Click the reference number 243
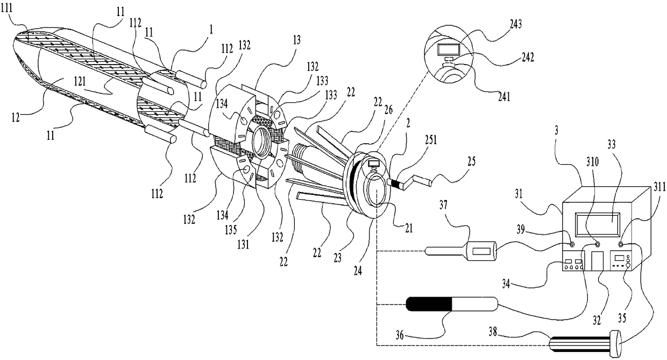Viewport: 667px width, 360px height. click(516, 24)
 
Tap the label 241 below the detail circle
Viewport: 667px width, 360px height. click(504, 97)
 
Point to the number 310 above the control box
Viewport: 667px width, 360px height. click(592, 162)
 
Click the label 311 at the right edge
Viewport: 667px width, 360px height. click(659, 187)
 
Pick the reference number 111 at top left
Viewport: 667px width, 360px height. click(6, 8)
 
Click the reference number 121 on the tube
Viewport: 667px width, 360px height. click(80, 81)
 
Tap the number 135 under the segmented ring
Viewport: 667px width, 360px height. click(231, 230)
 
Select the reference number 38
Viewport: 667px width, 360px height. click(493, 331)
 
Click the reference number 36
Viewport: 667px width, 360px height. click(400, 335)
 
